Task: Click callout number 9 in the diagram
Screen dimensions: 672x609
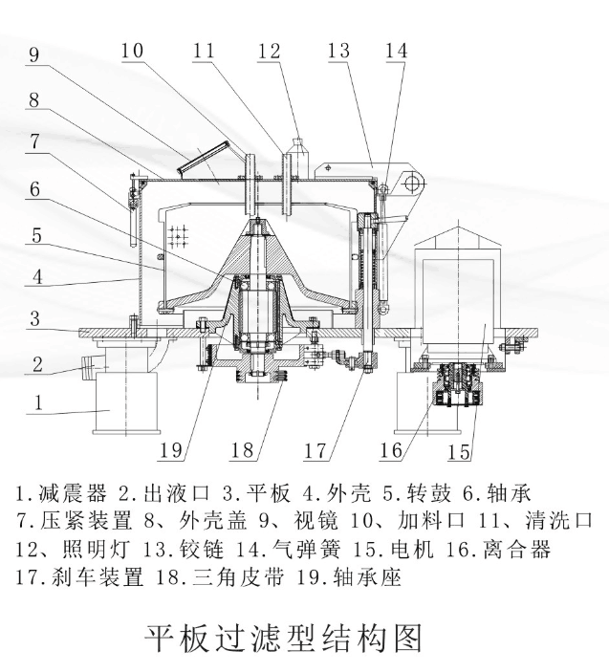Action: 34,54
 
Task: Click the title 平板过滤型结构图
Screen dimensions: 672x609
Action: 282,637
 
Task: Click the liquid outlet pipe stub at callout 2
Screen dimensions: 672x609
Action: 94,362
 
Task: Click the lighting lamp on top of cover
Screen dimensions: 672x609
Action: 296,151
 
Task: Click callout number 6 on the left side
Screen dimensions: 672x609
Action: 34,189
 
